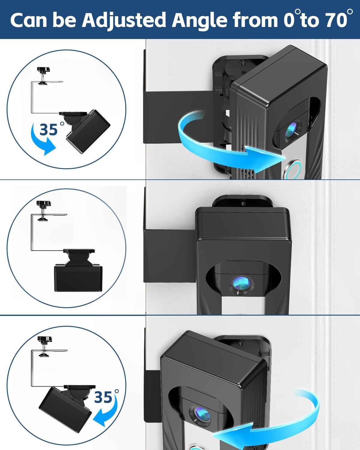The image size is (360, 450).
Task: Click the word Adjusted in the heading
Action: point(124,20)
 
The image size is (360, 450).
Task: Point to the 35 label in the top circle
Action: point(49,130)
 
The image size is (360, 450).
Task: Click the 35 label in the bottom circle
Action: point(103,397)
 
